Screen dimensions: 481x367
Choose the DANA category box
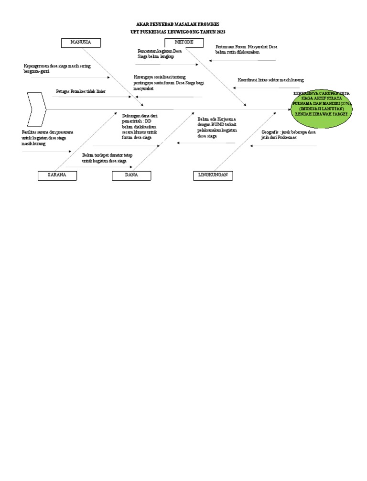point(131,175)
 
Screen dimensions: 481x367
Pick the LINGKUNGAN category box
point(213,175)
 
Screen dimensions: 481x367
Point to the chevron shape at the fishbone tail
point(36,109)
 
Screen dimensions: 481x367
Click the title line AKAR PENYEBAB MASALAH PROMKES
point(178,24)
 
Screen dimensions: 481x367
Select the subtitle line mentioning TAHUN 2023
point(178,31)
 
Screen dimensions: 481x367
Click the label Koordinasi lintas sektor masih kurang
point(270,80)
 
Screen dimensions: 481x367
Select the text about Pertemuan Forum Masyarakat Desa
point(246,49)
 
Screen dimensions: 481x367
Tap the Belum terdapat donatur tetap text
point(107,158)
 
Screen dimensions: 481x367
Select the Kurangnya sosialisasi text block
point(169,82)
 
